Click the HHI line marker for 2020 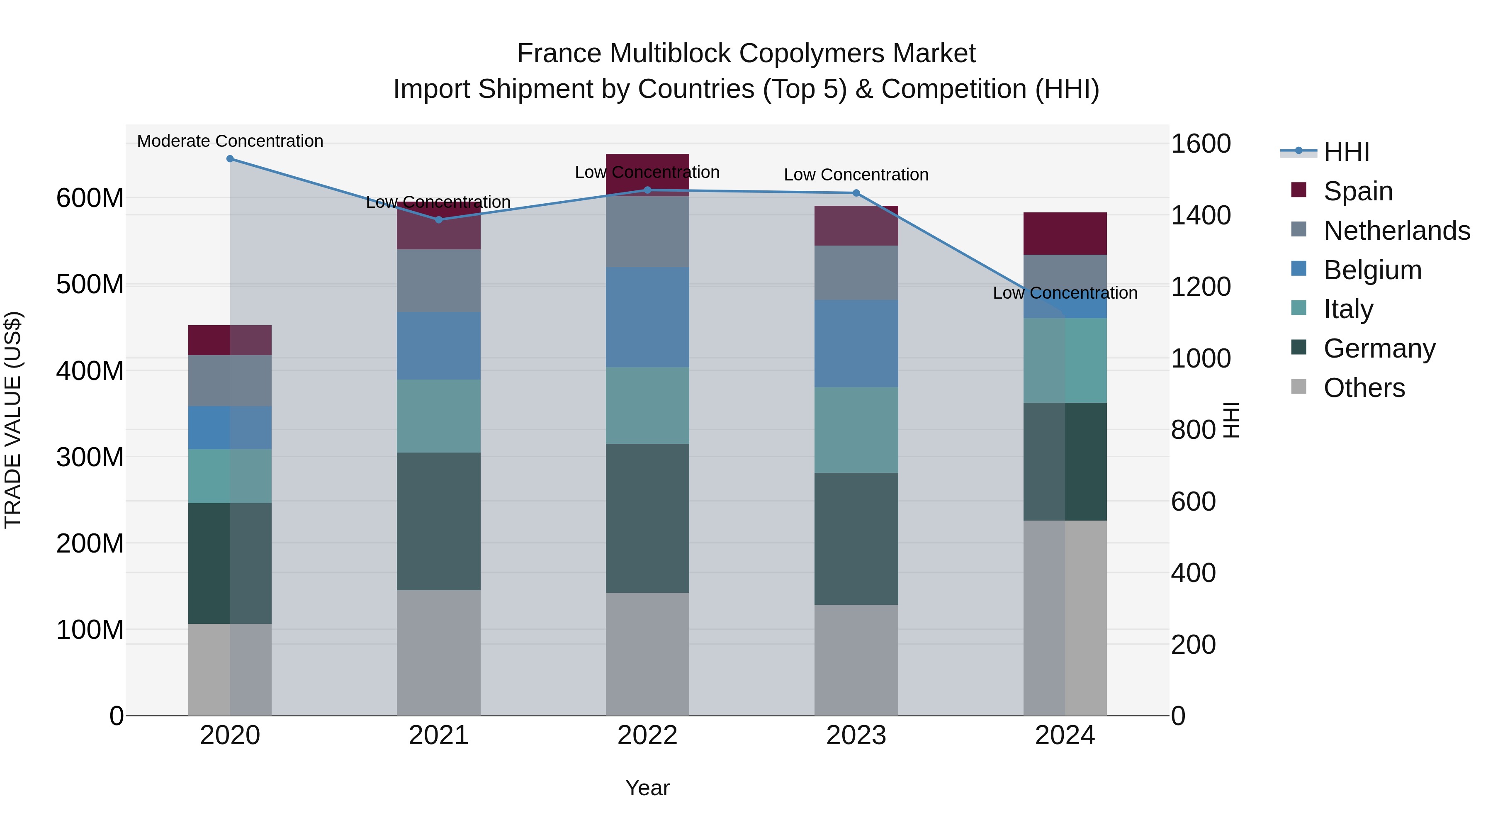230,159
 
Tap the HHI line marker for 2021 439,220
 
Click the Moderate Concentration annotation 230,141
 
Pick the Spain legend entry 1358,191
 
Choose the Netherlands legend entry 1397,231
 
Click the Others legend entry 1364,388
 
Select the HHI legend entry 1346,152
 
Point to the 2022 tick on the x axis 647,735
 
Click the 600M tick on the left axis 90,198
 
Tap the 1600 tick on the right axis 1200,144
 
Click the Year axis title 647,788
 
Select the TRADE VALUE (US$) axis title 13,420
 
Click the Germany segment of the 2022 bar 647,518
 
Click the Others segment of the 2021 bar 439,653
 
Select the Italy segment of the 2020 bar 230,476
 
